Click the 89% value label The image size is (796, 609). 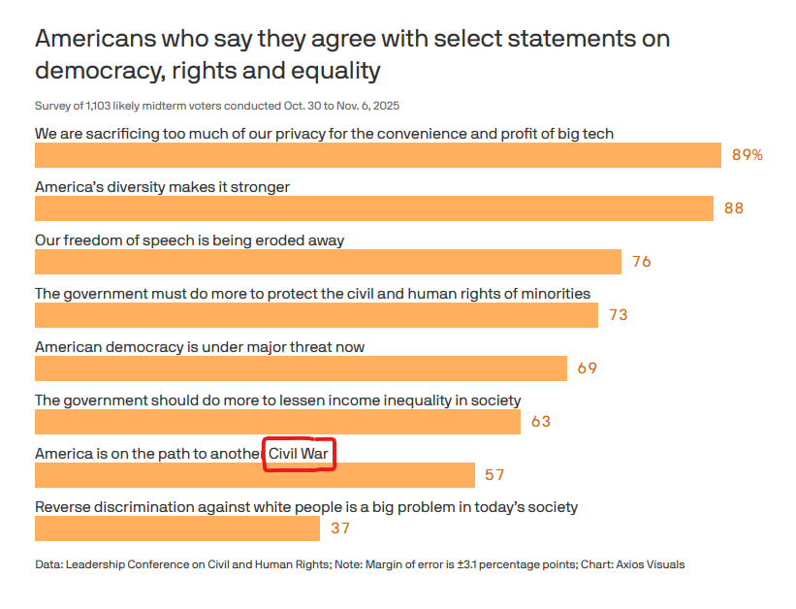[x=747, y=155]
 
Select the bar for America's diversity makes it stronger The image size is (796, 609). [x=374, y=208]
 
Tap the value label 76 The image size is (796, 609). [x=641, y=262]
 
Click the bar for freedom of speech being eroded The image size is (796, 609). [x=328, y=262]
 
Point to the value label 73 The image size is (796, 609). [x=618, y=315]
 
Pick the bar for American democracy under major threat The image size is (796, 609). [x=301, y=369]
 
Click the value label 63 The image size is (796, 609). [x=540, y=422]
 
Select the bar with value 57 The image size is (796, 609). [x=254, y=475]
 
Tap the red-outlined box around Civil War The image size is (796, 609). [x=300, y=454]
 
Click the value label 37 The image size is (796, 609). [x=339, y=529]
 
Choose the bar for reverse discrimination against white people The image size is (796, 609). [x=176, y=529]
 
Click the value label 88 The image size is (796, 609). [x=734, y=208]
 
